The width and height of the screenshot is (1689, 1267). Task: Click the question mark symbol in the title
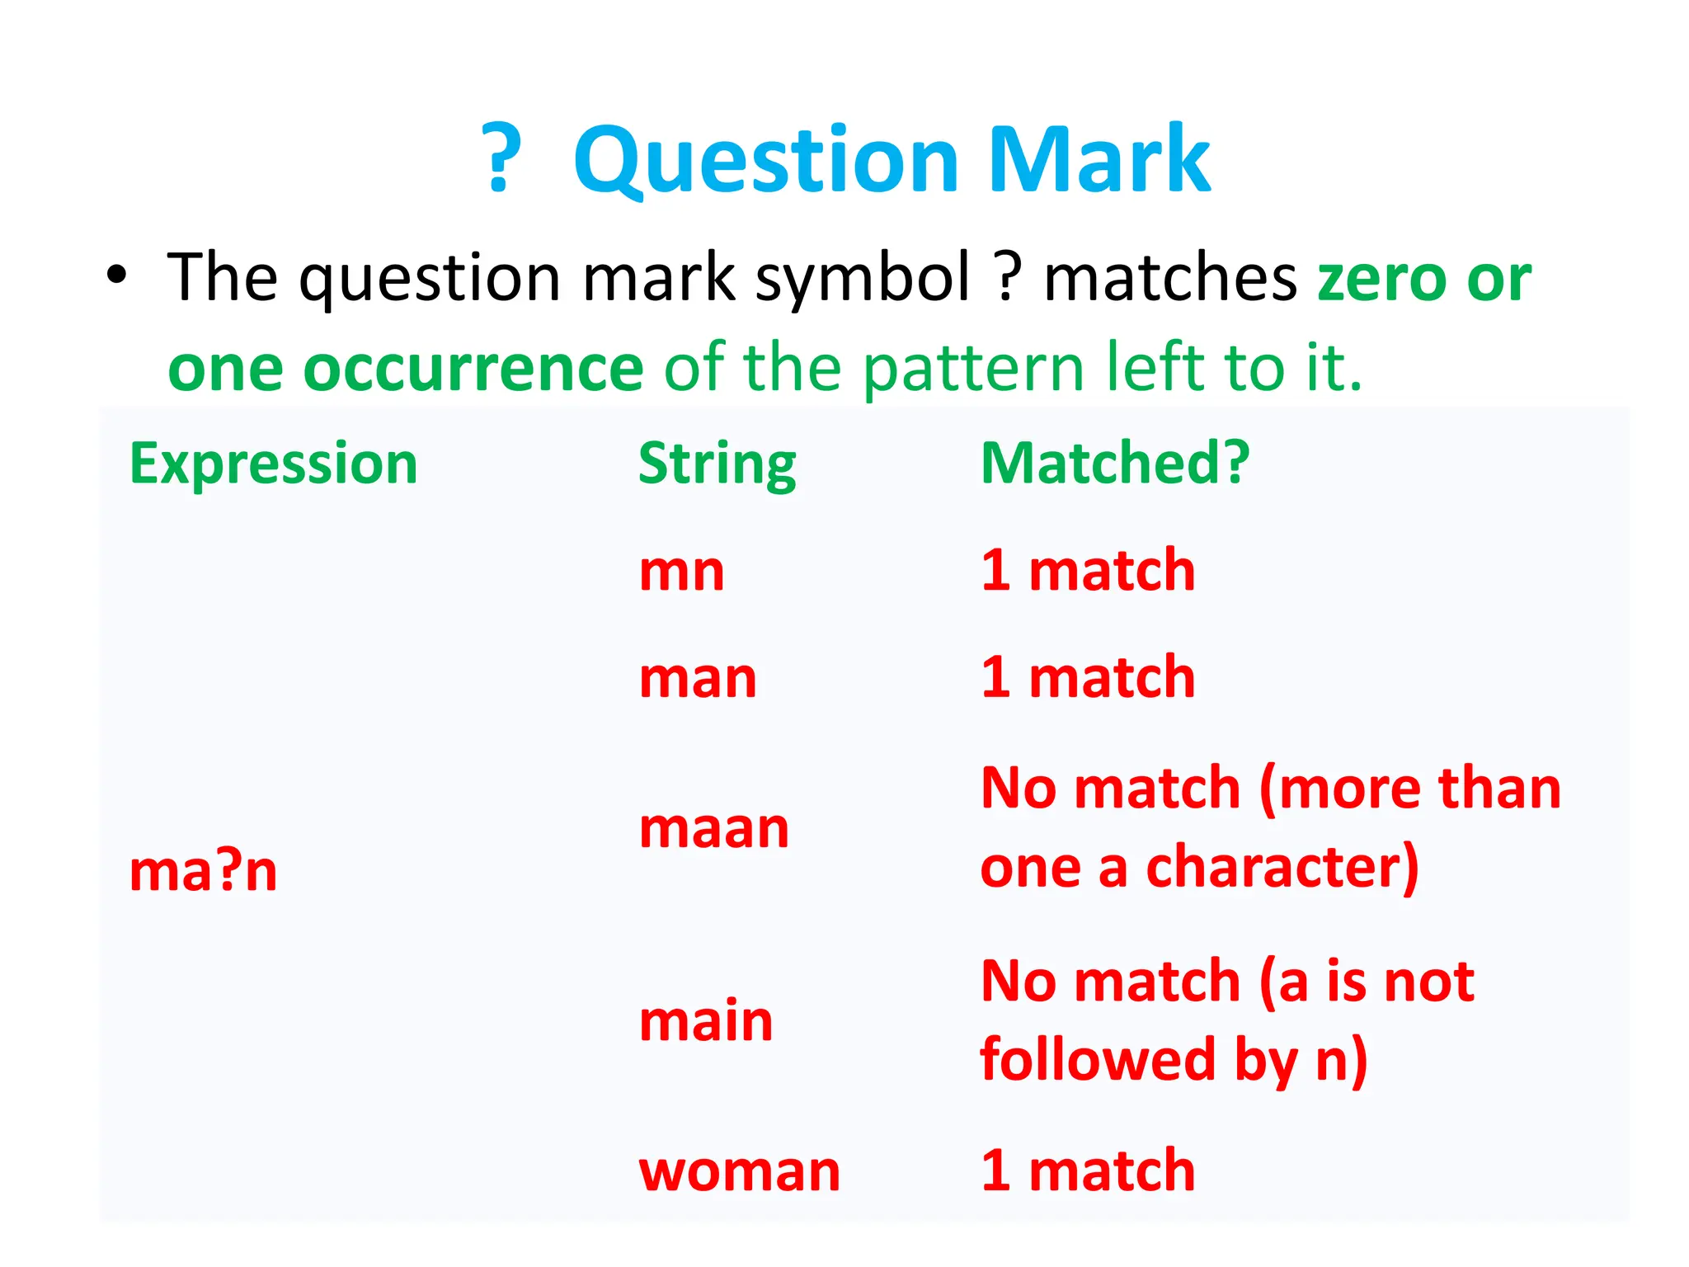(502, 158)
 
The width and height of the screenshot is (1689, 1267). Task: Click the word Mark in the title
(1100, 159)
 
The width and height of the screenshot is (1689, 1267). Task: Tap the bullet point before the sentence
(117, 276)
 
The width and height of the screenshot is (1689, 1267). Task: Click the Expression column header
(274, 464)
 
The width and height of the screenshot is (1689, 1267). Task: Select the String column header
(717, 464)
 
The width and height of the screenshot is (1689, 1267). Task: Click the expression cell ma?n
(203, 871)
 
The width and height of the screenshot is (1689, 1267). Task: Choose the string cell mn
(682, 571)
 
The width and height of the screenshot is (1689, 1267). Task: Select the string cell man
(698, 678)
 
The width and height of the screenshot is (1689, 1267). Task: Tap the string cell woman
(739, 1170)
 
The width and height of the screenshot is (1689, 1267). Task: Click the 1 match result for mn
(1088, 570)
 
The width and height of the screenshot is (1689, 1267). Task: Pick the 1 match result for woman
(1088, 1170)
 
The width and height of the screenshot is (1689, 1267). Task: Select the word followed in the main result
(1098, 1060)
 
